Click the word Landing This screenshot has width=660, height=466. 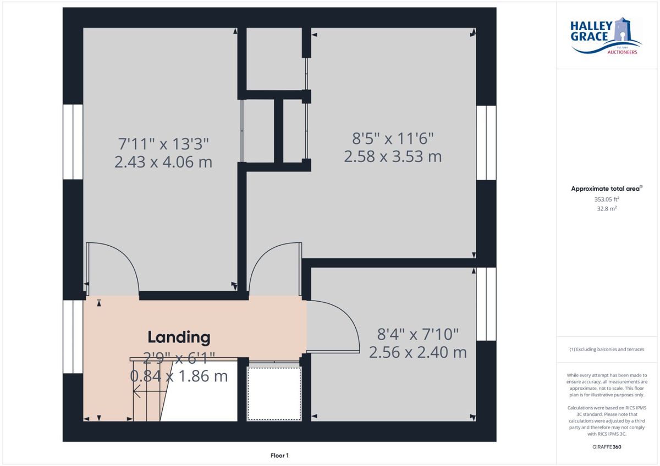[179, 337]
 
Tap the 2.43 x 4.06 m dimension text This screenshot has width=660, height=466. [163, 162]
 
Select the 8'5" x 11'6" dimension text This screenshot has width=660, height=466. [393, 138]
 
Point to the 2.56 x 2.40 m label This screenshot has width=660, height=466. [418, 352]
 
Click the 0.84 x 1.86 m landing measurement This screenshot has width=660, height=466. [179, 376]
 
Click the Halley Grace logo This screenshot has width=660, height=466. [606, 36]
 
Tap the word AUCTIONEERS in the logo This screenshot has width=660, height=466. [622, 52]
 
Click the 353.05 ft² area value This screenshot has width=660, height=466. [607, 199]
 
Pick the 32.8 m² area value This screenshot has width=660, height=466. [607, 209]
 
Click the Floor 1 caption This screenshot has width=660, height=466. [279, 456]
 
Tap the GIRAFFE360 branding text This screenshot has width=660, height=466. [607, 447]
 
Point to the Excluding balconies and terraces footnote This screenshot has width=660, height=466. [607, 349]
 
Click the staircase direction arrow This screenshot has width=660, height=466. [150, 392]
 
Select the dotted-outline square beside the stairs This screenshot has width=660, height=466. [274, 394]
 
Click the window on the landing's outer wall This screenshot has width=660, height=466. [73, 337]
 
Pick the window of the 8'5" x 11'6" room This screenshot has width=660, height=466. [486, 143]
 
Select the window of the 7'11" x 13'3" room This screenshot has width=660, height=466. [73, 142]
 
